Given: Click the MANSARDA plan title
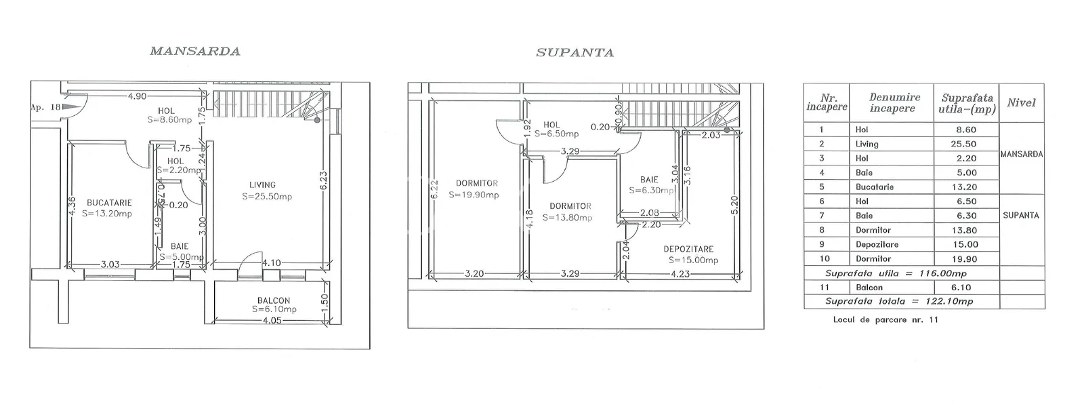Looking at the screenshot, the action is [195, 52].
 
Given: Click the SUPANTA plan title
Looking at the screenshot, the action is [575, 53].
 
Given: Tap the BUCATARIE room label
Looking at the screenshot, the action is [109, 203].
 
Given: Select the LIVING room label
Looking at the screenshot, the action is [262, 184].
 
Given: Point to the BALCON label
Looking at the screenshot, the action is [274, 300].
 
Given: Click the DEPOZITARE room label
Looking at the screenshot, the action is [688, 249].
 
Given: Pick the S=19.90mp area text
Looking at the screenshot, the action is [474, 195].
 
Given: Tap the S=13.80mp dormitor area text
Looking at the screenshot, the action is [567, 218].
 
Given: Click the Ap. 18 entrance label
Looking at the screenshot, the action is [45, 107].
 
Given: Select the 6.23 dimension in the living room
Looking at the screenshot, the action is [324, 181].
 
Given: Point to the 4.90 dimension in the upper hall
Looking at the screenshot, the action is [137, 96].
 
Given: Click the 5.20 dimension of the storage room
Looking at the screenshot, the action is [735, 205].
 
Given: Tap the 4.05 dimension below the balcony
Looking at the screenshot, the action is [272, 320].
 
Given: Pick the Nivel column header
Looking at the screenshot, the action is [1021, 103].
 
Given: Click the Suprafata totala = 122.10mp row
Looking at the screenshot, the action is [899, 301].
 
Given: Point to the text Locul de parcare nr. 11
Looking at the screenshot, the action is [885, 320].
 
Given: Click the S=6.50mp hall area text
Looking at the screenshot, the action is [556, 134].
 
